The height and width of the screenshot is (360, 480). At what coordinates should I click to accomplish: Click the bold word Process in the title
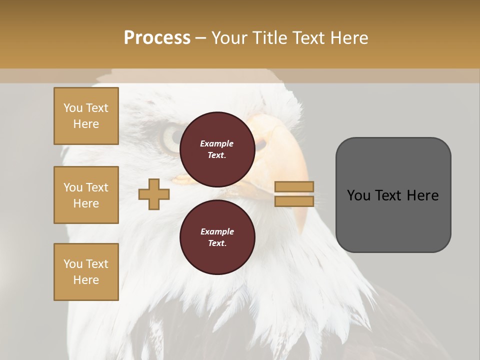coord(157,37)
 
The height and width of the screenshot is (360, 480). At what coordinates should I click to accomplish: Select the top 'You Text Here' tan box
coord(86,115)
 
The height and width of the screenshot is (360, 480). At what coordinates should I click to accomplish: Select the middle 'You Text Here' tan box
coord(86,195)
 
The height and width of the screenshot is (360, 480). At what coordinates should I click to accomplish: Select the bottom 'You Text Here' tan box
coord(86,271)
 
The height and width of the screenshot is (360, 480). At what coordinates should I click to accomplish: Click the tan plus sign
coord(153,194)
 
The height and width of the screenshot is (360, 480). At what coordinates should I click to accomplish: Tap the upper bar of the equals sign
coord(294,186)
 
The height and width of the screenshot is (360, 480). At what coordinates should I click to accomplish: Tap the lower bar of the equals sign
coord(294,201)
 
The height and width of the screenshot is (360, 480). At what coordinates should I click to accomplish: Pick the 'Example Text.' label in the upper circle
coord(217,149)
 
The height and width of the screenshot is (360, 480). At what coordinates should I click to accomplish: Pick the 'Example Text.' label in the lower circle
coord(217,237)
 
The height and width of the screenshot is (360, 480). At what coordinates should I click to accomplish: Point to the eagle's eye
coord(172,136)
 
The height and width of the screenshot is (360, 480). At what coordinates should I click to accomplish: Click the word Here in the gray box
coord(422,195)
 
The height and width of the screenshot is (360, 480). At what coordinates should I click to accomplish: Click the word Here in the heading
coord(349,37)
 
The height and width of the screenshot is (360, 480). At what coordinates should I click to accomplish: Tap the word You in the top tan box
coord(73,108)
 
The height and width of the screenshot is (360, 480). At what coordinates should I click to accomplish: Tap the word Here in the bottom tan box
coord(86,280)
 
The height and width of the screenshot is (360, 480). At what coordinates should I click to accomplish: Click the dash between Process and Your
coord(201,38)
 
